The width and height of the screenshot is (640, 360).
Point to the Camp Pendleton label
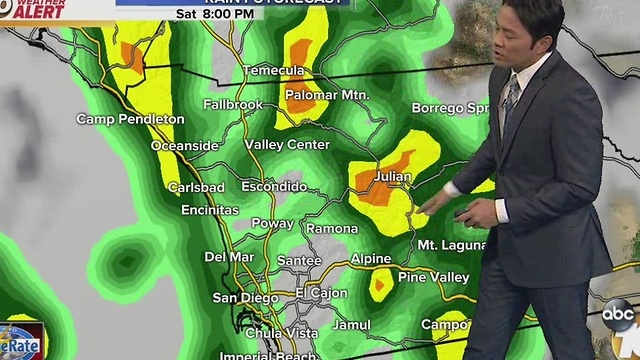pos(131,119)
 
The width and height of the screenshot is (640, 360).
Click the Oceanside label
pos(185,146)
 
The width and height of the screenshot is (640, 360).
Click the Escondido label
pos(273,186)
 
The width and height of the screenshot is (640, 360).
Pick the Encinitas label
pos(210,210)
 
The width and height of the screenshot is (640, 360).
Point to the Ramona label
pos(332,229)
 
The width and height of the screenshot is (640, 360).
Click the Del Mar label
pos(229,256)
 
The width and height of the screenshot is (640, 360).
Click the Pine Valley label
pos(433,276)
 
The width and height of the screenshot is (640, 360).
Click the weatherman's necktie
pos(511,100)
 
